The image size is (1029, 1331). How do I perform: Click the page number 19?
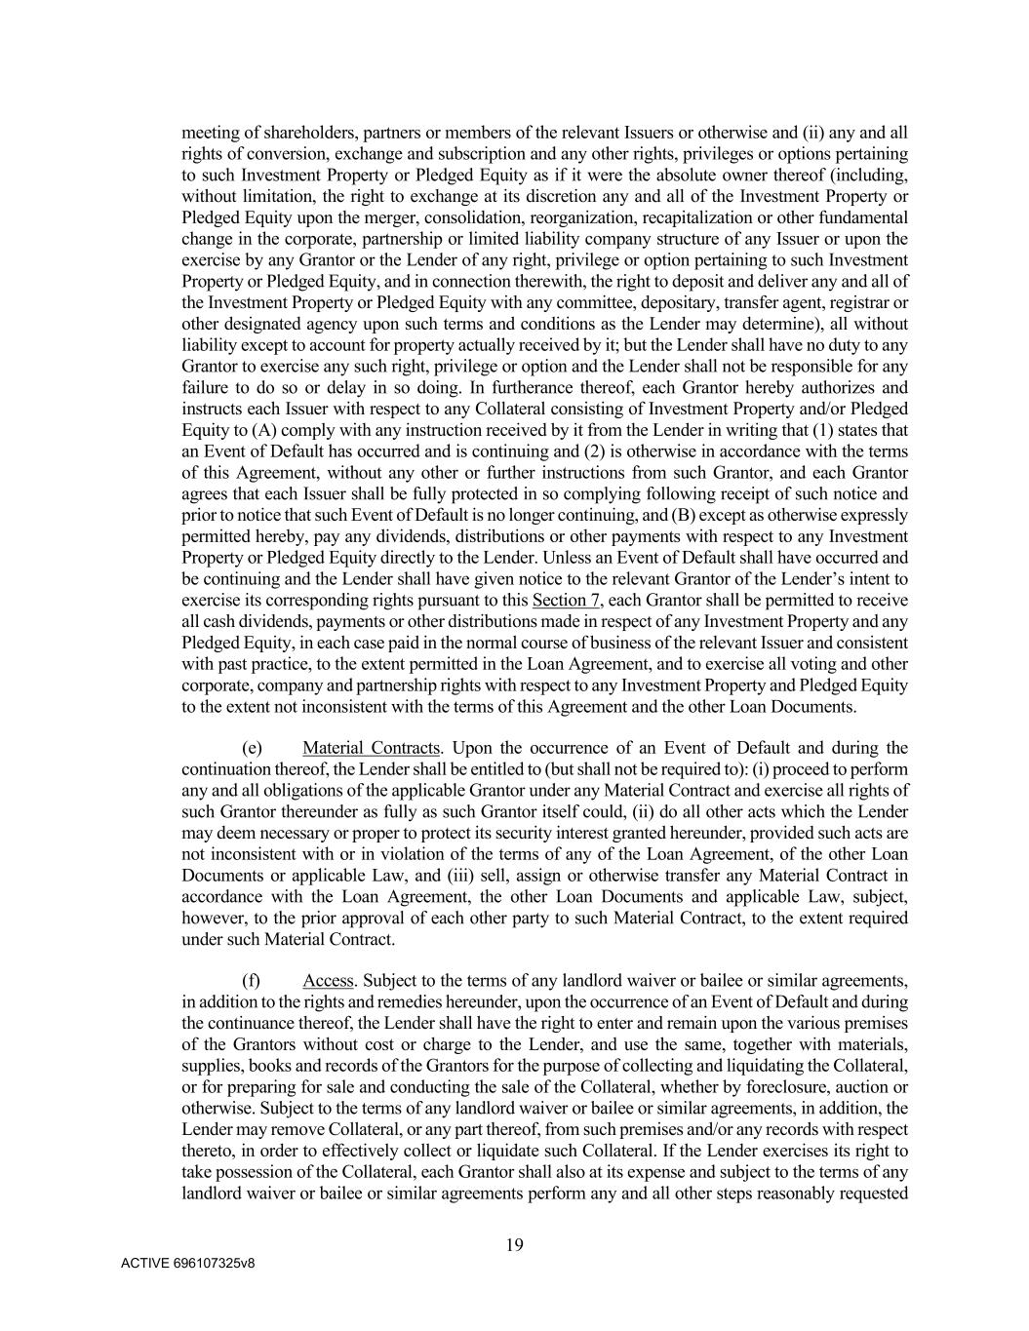[x=515, y=1244]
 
